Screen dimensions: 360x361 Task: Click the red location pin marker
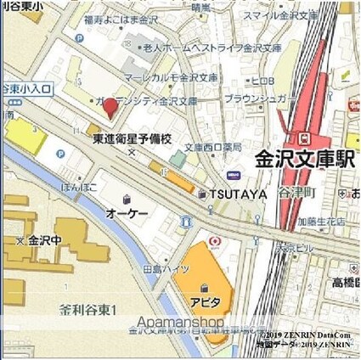111,109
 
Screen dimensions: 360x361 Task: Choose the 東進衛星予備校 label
132,138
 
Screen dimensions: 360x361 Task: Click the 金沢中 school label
40,241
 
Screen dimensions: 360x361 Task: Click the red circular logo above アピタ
214,241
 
